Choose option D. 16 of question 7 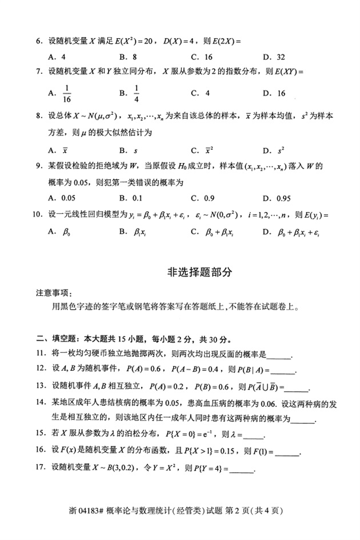[274, 93]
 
